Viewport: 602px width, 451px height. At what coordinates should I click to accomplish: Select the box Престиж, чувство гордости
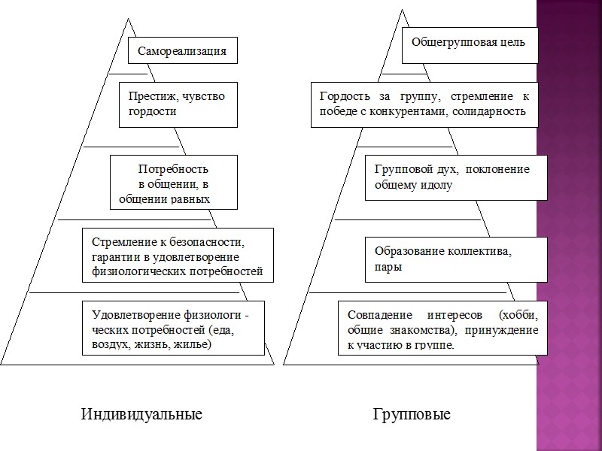tap(178, 104)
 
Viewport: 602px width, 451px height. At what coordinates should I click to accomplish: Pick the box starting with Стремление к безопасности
tap(177, 256)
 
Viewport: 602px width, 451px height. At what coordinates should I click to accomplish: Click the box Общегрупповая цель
tap(468, 42)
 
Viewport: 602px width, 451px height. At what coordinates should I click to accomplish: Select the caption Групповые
tap(412, 414)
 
